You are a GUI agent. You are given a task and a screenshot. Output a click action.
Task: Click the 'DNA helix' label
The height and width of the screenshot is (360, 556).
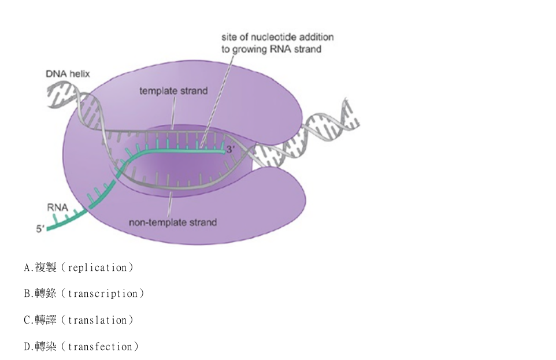coord(68,74)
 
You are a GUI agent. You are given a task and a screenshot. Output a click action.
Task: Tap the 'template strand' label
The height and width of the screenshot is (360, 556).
coord(173,91)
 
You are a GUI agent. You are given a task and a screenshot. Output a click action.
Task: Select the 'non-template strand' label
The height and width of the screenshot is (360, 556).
coord(173,222)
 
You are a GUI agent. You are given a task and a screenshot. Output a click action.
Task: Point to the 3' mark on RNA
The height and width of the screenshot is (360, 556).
coord(231,150)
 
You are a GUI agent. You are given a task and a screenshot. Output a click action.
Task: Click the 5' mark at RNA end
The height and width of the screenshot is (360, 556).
coord(40,229)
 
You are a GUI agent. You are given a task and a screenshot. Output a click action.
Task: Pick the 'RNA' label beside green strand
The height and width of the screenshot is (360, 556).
coord(57,207)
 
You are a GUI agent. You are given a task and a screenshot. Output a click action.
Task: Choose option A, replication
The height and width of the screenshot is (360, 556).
coord(79,268)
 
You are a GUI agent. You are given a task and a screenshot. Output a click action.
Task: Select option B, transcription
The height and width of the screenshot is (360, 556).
coord(84,294)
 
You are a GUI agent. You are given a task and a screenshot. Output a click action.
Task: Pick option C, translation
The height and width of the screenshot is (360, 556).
coord(79,320)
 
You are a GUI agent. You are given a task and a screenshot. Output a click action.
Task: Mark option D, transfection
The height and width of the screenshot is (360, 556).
coord(81,347)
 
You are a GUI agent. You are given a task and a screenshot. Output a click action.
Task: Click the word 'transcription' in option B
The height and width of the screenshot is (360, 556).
coord(103,294)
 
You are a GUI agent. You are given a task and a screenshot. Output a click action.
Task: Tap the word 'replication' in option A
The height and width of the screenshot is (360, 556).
coord(98,268)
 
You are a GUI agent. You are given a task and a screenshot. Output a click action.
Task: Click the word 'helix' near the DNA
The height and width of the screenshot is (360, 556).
coord(80,74)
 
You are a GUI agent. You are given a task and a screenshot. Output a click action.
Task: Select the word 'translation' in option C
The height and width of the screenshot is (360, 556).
coord(98,320)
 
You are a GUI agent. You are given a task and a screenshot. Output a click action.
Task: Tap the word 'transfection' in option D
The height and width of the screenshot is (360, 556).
coord(100,347)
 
